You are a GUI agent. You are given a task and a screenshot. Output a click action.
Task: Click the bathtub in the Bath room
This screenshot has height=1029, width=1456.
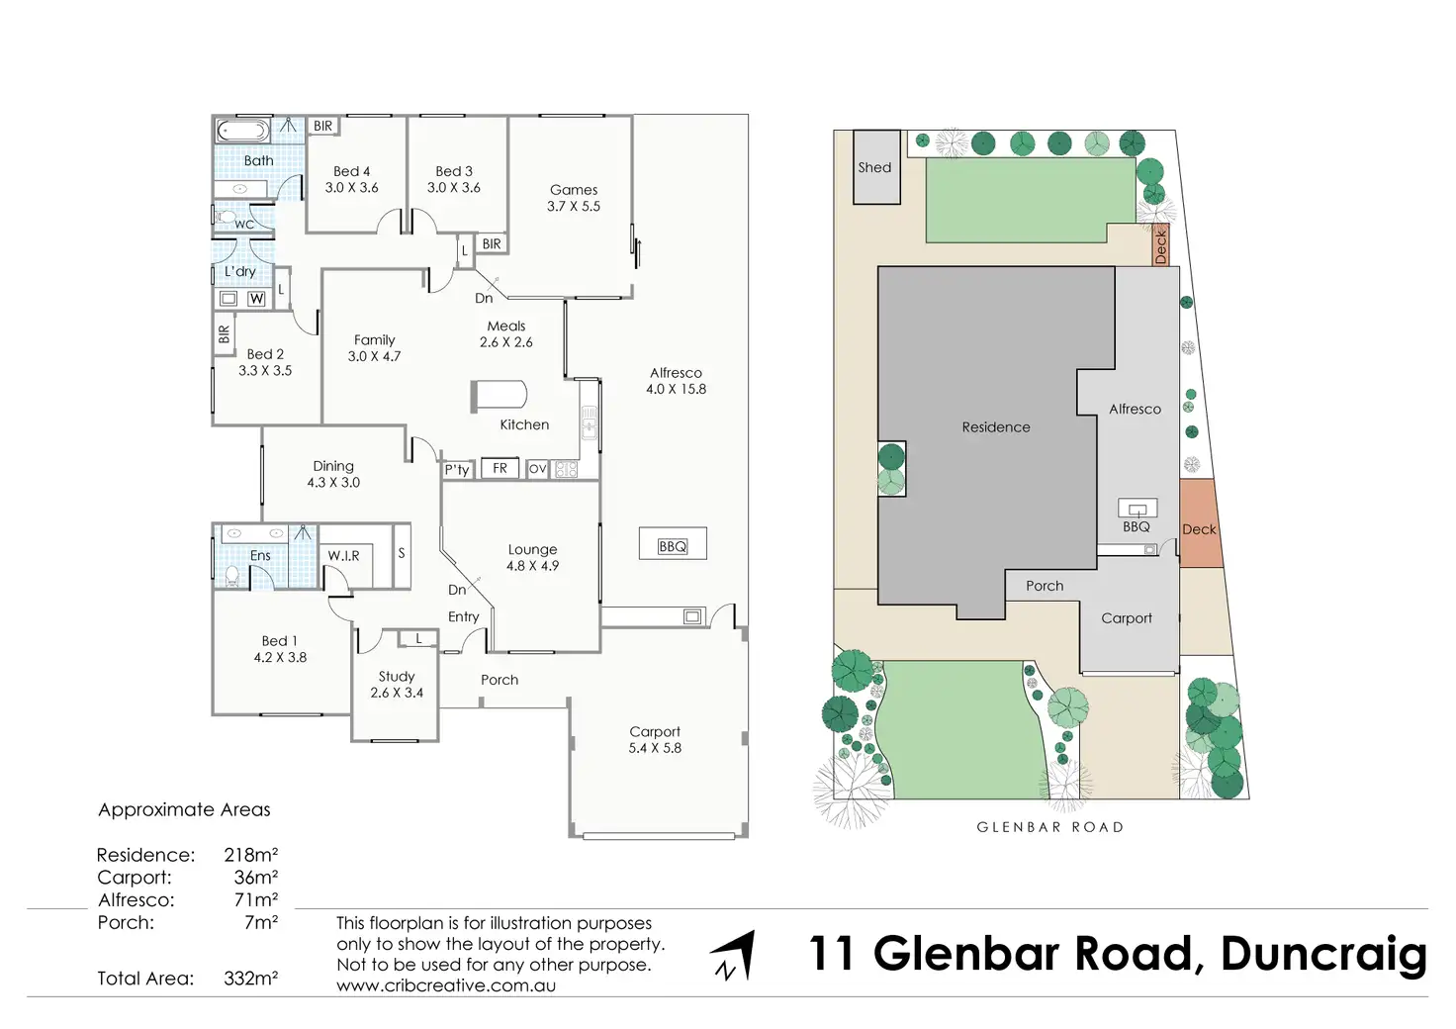pyautogui.click(x=242, y=131)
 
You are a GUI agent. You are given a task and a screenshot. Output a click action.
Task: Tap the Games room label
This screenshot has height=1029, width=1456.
pyautogui.click(x=574, y=198)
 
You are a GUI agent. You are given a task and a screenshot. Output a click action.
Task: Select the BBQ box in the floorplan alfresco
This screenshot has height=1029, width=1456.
pyautogui.click(x=673, y=546)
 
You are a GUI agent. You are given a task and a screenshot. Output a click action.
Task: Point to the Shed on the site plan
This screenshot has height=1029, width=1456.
pyautogui.click(x=876, y=168)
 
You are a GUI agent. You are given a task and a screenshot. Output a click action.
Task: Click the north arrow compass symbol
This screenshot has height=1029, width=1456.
pyautogui.click(x=735, y=956)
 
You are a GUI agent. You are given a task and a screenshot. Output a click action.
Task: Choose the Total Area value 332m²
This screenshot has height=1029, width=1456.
pyautogui.click(x=250, y=979)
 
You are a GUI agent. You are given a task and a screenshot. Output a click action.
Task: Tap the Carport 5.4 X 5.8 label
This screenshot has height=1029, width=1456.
pyautogui.click(x=655, y=740)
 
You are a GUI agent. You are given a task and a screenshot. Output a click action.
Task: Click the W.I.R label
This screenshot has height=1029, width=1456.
pyautogui.click(x=344, y=556)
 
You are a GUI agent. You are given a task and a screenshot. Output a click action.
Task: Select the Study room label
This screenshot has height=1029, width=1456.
pyautogui.click(x=397, y=685)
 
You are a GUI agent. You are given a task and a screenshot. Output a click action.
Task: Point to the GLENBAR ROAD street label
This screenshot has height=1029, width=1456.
pyautogui.click(x=1050, y=827)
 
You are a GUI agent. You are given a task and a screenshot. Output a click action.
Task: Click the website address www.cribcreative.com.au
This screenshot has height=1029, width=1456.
pyautogui.click(x=446, y=985)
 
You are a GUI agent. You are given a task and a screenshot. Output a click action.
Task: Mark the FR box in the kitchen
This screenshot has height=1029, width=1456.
pyautogui.click(x=500, y=468)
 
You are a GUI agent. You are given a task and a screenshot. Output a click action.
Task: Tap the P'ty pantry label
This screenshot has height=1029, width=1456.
pyautogui.click(x=457, y=470)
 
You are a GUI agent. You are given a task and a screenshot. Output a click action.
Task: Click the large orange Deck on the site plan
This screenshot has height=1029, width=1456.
pyautogui.click(x=1200, y=524)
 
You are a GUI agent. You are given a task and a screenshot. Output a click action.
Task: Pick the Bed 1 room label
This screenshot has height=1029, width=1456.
pyautogui.click(x=280, y=649)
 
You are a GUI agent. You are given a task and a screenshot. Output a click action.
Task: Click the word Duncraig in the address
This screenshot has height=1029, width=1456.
pyautogui.click(x=1323, y=954)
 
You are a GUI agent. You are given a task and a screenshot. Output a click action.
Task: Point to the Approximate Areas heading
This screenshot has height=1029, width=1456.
pyautogui.click(x=184, y=809)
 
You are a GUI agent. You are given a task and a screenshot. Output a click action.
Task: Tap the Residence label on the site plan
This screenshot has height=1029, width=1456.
pyautogui.click(x=996, y=427)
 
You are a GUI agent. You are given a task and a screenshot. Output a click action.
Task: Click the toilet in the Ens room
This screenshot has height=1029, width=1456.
pyautogui.click(x=233, y=575)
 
